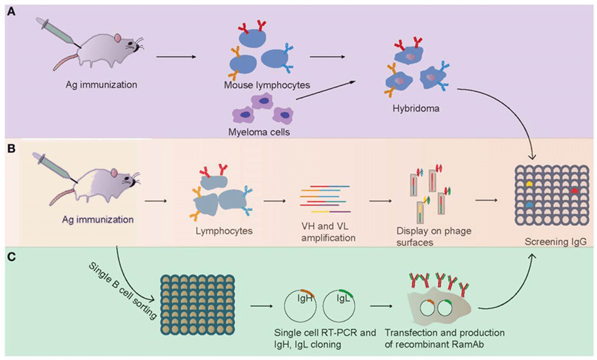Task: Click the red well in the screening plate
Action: (574, 190)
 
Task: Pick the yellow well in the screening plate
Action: (528, 183)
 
